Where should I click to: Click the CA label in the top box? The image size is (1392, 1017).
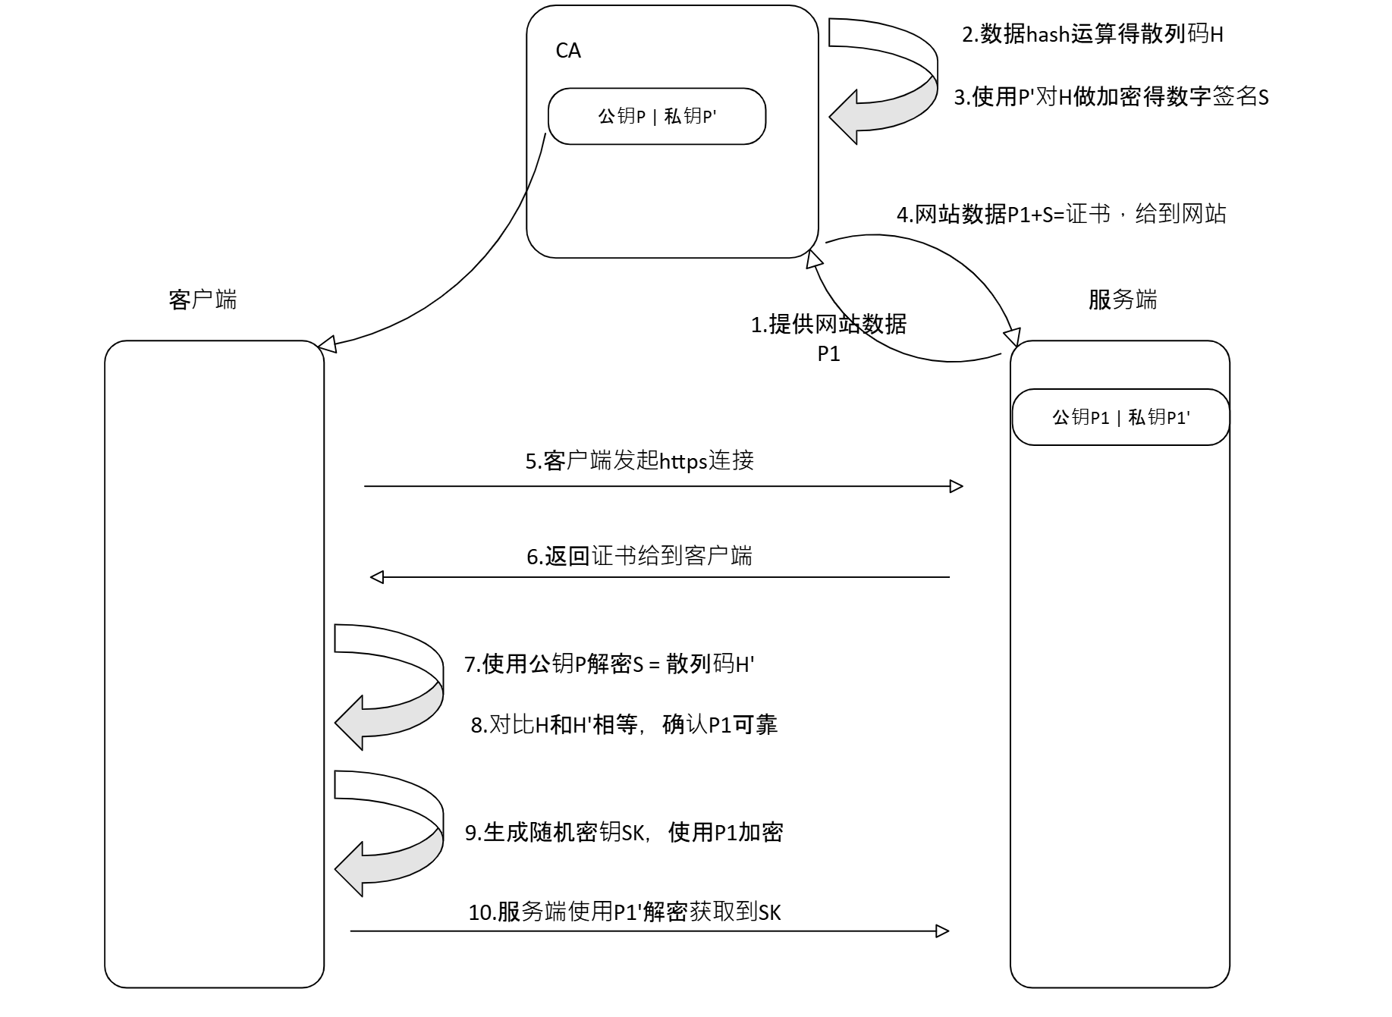[x=567, y=51]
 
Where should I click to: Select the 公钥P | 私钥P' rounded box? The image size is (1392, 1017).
[x=657, y=116]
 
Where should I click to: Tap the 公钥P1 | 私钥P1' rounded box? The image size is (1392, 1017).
[x=1120, y=417]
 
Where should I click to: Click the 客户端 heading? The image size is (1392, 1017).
[x=203, y=300]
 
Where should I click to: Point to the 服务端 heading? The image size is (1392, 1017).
[x=1122, y=300]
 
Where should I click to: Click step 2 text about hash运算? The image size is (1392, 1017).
[x=1092, y=34]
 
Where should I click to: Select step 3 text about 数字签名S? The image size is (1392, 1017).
[x=1111, y=97]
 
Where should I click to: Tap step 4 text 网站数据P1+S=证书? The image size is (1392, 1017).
[x=1060, y=214]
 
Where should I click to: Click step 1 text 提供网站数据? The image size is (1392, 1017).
[x=828, y=325]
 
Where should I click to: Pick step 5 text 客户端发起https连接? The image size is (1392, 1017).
[x=639, y=460]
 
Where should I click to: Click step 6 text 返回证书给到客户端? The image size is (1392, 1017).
[x=639, y=556]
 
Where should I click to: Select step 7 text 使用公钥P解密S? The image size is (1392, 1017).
[x=608, y=664]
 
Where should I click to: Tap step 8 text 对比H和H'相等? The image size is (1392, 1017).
[x=624, y=724]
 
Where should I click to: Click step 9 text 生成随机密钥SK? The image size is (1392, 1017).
[x=624, y=832]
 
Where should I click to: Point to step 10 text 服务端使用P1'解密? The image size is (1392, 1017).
[x=624, y=912]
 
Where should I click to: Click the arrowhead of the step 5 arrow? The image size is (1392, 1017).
[x=957, y=486]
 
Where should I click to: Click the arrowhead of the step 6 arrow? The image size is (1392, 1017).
[x=377, y=577]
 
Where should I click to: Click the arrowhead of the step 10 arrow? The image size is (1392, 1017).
[x=943, y=931]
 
